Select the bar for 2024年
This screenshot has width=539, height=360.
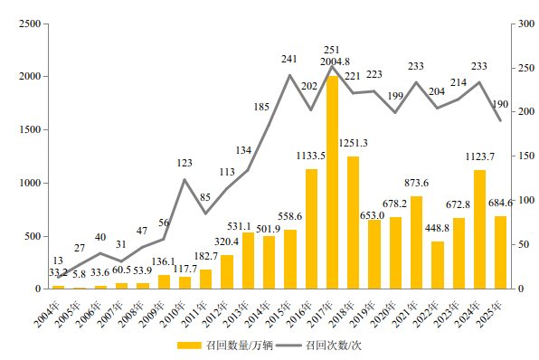478,230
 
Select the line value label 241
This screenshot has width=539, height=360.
289,59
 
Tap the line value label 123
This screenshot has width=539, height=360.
184,163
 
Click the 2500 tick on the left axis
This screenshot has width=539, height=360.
29,24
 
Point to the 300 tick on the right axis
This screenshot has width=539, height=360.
522,24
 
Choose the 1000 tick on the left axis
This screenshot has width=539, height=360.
29,183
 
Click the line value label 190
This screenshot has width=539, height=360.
501,103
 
